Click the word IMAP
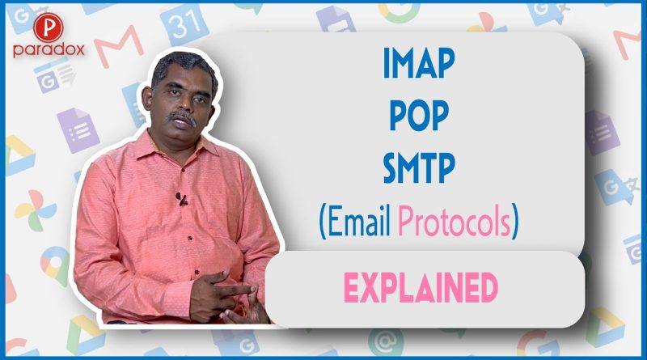419,63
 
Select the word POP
419,116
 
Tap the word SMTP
419,168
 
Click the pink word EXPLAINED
421,287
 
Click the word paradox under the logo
49,49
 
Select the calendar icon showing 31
184,24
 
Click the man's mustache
181,116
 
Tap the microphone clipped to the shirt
181,199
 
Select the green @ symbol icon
386,342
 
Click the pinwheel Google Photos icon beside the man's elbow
36,210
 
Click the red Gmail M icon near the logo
119,45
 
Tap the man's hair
184,66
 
